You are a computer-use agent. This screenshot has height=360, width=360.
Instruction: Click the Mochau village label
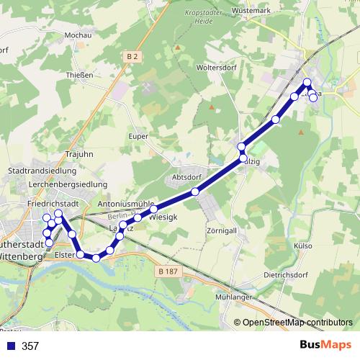78,35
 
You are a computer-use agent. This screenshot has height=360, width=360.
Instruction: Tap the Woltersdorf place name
217,68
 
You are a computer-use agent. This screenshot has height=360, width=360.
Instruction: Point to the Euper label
139,136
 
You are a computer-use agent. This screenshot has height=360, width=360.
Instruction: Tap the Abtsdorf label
186,177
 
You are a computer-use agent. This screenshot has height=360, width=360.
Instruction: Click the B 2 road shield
131,56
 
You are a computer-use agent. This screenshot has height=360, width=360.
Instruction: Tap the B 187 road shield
166,271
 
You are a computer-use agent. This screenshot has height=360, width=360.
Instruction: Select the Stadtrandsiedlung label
41,171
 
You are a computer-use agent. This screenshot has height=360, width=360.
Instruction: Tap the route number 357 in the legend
30,346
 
